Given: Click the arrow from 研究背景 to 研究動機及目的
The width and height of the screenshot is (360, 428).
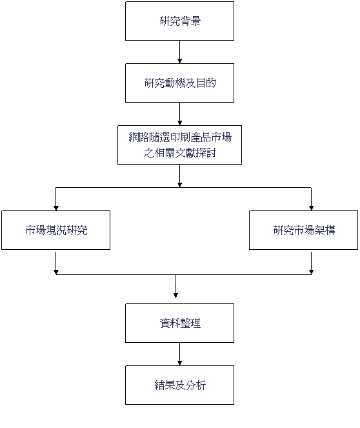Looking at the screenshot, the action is point(179,52).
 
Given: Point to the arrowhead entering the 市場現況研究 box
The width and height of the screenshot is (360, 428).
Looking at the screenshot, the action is point(56,209).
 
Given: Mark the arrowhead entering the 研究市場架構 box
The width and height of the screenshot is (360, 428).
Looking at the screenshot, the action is point(311,209).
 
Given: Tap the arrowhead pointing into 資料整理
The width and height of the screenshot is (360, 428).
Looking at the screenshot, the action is point(175,296).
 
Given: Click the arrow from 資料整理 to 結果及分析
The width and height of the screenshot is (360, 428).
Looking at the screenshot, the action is point(179,354).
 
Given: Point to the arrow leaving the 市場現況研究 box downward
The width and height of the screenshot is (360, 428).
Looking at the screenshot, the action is point(56,263).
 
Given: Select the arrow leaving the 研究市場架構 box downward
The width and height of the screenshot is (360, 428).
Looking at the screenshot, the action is point(311,263).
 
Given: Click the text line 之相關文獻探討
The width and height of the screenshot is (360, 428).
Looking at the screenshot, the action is point(180,153).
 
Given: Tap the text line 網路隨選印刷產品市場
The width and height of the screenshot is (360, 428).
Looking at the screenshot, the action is point(180,138).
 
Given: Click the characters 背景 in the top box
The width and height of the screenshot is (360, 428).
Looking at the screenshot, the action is point(190,21).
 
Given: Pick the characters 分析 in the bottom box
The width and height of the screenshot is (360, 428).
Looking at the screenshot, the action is point(195,385).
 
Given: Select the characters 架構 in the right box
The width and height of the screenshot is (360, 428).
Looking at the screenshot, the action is point(325,230).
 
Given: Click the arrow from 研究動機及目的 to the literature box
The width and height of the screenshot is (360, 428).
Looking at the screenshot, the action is point(179,114).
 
